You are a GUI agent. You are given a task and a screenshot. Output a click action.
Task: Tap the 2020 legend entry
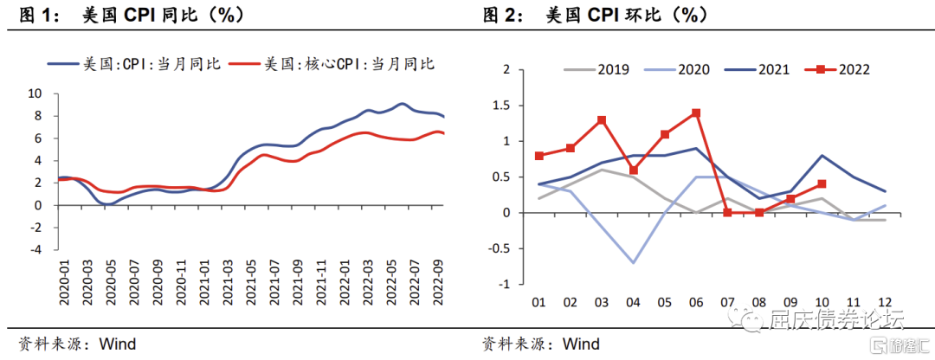point(693,70)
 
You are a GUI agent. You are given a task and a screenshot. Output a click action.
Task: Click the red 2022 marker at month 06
point(695,112)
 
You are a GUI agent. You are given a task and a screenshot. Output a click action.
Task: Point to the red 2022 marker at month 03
point(601,120)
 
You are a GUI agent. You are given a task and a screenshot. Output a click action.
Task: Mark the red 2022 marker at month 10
point(820,183)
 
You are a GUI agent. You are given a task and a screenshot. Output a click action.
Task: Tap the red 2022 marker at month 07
point(726,212)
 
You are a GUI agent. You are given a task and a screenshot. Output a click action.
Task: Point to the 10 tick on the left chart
point(35,93)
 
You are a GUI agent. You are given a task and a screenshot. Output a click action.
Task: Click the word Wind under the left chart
point(118,344)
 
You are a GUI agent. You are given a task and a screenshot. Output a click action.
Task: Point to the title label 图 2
point(500,15)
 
